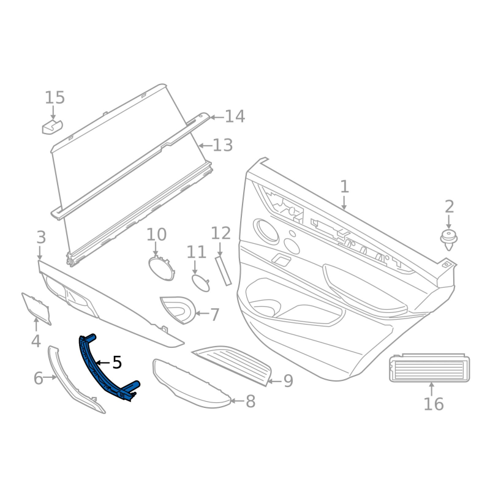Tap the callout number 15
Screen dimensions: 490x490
click(x=55, y=97)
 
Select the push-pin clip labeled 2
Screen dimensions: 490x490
click(x=450, y=238)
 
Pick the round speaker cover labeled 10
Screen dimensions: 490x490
click(x=159, y=267)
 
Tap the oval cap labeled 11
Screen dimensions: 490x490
click(x=200, y=283)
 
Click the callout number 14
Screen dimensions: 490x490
click(x=235, y=116)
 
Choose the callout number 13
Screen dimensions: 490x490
click(x=223, y=145)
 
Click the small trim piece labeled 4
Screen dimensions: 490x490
click(x=37, y=307)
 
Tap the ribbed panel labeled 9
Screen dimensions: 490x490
click(x=233, y=366)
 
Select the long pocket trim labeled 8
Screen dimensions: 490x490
click(x=190, y=383)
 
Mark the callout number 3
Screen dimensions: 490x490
click(x=41, y=237)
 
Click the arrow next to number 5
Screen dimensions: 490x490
click(x=103, y=363)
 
